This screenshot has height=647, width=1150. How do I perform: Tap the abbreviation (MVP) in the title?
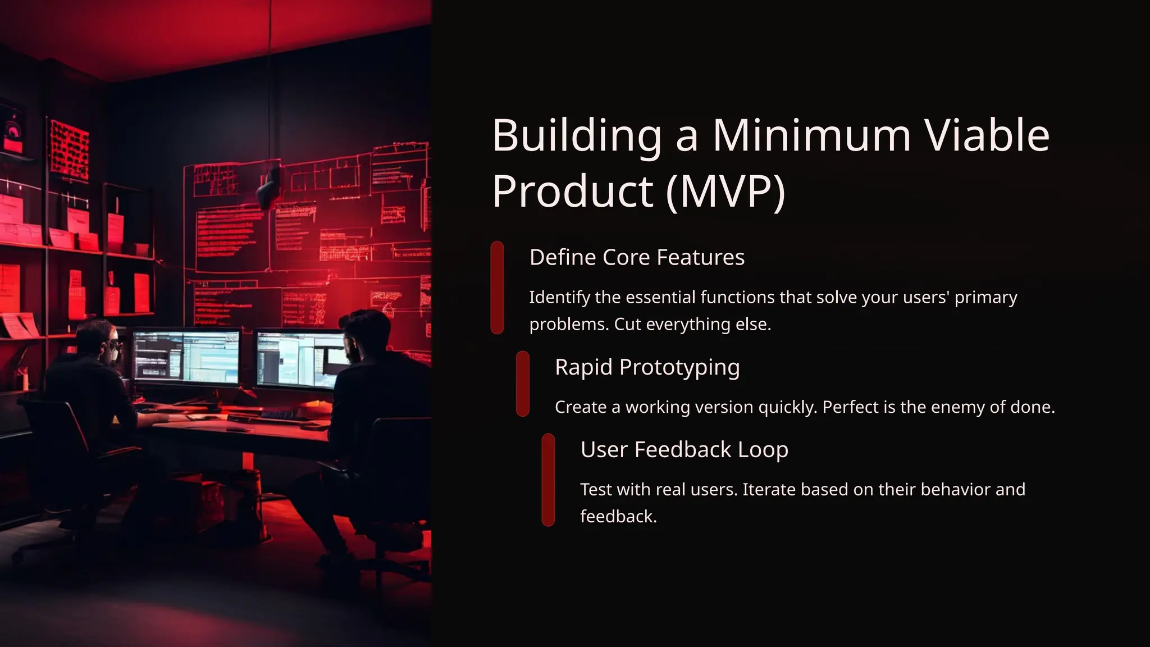click(x=725, y=191)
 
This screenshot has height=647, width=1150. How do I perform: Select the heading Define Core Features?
click(x=637, y=257)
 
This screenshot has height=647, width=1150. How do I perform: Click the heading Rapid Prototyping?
click(x=647, y=367)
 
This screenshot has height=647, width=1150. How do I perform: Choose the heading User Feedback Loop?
click(x=684, y=449)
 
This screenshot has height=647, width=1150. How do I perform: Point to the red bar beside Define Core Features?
click(x=497, y=288)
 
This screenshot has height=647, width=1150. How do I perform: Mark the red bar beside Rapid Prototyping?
click(x=522, y=384)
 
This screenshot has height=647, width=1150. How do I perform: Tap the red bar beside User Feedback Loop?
click(x=548, y=480)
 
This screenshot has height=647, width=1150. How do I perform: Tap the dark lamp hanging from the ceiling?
click(x=270, y=185)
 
